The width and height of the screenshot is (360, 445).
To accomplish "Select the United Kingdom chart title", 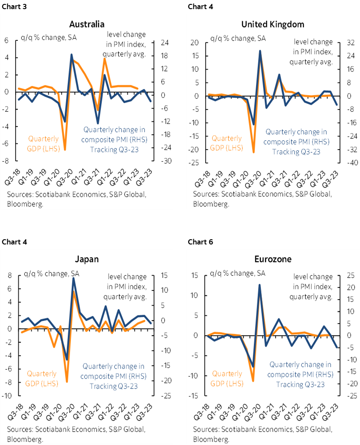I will pyautogui.click(x=273, y=23).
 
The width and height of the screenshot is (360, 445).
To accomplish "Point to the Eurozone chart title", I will pyautogui.click(x=273, y=259).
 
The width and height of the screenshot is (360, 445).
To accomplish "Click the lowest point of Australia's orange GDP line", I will pyautogui.click(x=65, y=150).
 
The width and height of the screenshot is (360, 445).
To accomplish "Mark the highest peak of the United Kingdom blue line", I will pyautogui.click(x=260, y=51).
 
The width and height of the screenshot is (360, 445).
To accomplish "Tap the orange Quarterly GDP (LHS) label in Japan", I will pyautogui.click(x=42, y=378).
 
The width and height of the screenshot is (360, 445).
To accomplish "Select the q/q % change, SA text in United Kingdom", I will pyautogui.click(x=238, y=38).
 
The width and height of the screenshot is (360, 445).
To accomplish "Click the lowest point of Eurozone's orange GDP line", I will pyautogui.click(x=253, y=381).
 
